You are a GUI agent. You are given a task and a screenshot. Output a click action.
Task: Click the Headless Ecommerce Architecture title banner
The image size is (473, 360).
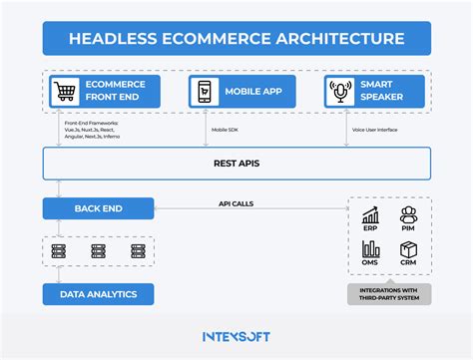pyautogui.click(x=236, y=38)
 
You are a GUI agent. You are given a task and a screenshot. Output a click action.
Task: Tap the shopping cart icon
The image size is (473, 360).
pyautogui.click(x=66, y=92)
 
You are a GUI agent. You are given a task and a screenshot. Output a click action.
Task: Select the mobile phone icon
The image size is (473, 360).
pyautogui.click(x=204, y=92)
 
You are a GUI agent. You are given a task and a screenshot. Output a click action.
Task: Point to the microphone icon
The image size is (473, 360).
pyautogui.click(x=340, y=92)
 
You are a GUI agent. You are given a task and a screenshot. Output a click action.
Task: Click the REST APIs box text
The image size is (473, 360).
pyautogui.click(x=236, y=163)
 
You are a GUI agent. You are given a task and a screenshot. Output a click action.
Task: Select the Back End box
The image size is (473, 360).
pyautogui.click(x=97, y=207)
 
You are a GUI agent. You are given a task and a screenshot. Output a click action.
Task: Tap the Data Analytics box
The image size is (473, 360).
pyautogui.click(x=97, y=293)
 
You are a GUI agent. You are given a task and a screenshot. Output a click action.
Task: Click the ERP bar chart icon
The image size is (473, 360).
pyautogui.click(x=371, y=216)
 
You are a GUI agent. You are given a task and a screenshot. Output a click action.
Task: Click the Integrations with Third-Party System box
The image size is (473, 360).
pyautogui.click(x=389, y=294)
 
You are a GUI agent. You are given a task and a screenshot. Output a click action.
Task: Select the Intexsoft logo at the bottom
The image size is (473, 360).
pyautogui.click(x=236, y=337)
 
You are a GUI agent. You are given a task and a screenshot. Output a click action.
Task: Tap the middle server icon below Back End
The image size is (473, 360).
pyautogui.click(x=98, y=251)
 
